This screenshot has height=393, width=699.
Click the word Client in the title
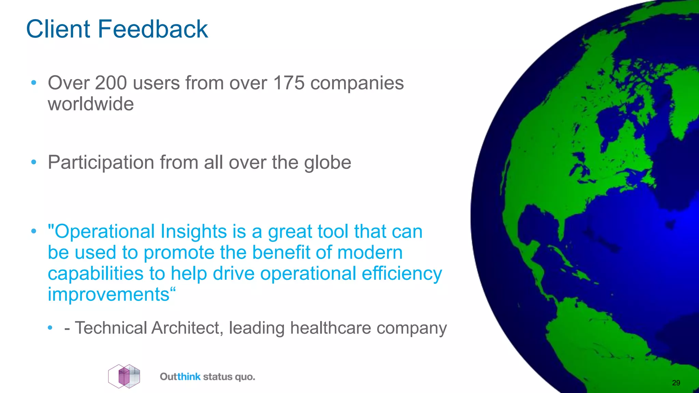point(58,29)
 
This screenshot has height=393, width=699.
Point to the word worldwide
point(91,104)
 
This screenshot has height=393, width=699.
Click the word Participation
point(101,163)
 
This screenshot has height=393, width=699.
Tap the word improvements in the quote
point(109,294)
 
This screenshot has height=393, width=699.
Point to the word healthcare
point(330,328)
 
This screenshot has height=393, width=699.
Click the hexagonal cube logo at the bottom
point(124,376)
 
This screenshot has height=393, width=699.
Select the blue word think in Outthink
point(189,377)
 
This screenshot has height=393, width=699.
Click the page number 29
point(676,383)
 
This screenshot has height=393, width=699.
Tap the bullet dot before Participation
point(33,162)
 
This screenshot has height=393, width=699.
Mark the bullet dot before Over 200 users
point(33,83)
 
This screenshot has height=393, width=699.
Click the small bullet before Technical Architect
point(50,328)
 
